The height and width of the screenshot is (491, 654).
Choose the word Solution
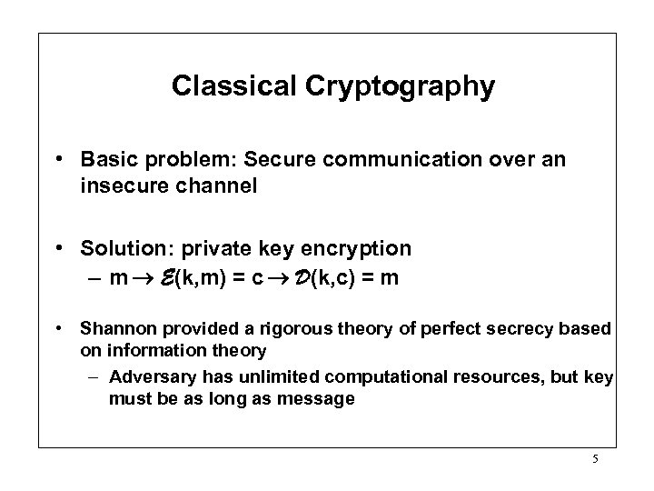pos(114,247)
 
